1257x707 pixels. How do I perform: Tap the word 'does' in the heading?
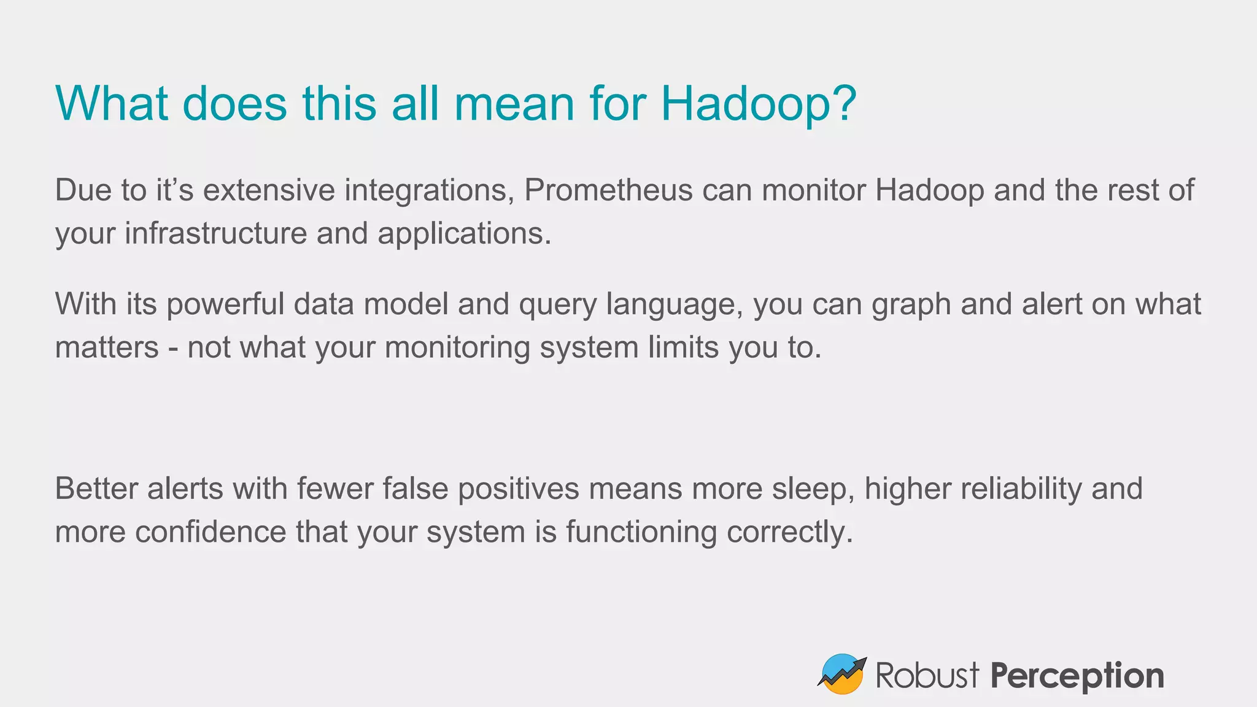coord(234,104)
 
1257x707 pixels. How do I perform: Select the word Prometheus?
coord(608,190)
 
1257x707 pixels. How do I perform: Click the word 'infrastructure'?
coord(215,233)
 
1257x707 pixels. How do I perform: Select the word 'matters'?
coord(107,347)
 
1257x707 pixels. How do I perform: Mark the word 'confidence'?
coord(211,531)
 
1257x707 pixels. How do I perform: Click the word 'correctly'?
coord(789,533)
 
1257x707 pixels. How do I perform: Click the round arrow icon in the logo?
coord(842,674)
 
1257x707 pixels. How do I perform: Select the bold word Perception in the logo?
coord(1077,676)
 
